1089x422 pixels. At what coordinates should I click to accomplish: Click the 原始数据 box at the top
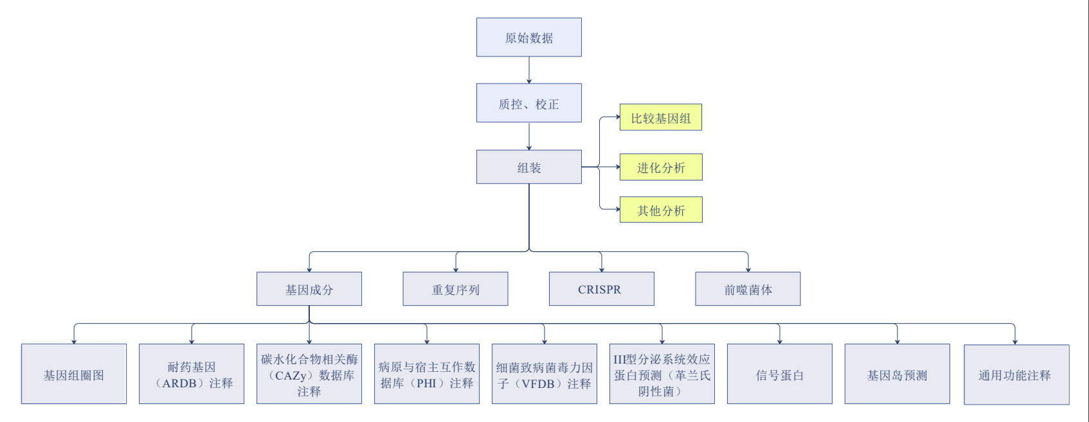[x=529, y=37]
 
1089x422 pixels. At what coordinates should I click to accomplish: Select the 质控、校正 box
[x=529, y=103]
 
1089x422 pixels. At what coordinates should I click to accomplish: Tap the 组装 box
[x=529, y=167]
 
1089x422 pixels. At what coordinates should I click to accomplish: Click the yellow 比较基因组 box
[x=661, y=117]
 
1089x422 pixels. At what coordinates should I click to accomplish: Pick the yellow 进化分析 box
[x=661, y=167]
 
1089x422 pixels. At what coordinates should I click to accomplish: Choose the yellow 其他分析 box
[x=661, y=210]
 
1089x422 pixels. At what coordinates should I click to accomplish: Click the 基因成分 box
[x=309, y=289]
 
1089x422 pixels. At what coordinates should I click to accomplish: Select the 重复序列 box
[x=456, y=289]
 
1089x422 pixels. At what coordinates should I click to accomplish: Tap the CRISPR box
[x=602, y=289]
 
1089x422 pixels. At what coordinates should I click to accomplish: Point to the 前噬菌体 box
[x=748, y=289]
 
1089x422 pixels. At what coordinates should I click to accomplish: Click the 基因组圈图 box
[x=74, y=374]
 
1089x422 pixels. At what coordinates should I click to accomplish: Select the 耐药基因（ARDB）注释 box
[x=192, y=374]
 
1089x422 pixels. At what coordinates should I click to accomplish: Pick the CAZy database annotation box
[x=309, y=374]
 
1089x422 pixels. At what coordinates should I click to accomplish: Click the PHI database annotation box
[x=427, y=374]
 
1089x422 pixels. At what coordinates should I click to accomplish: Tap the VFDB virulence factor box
[x=544, y=374]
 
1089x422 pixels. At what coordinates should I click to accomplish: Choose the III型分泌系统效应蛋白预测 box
[x=662, y=374]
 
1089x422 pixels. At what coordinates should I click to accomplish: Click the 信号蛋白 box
[x=780, y=374]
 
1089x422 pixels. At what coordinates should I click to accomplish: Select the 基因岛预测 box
[x=897, y=374]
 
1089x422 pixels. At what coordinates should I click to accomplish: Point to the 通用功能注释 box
[x=1016, y=374]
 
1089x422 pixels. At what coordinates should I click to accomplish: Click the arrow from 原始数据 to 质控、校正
[x=529, y=70]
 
